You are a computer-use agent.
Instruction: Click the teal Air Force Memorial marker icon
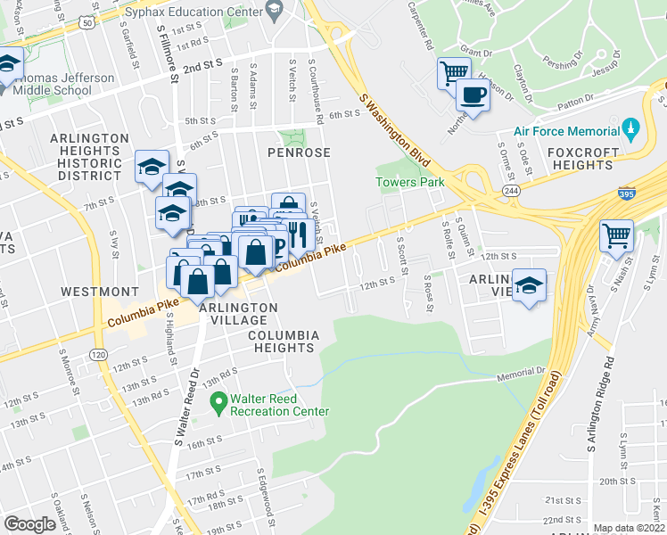(631, 130)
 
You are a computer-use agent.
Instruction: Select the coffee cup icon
(473, 95)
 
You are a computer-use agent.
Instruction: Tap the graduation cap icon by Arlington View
(530, 286)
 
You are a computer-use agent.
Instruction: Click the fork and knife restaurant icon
(297, 235)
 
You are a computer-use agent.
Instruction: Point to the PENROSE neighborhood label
(299, 152)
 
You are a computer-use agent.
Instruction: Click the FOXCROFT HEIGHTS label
(581, 159)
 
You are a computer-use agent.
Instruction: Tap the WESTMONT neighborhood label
(100, 292)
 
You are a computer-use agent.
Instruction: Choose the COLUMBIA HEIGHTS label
(284, 342)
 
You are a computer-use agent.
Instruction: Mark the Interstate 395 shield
(626, 193)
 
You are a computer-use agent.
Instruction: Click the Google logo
(29, 523)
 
